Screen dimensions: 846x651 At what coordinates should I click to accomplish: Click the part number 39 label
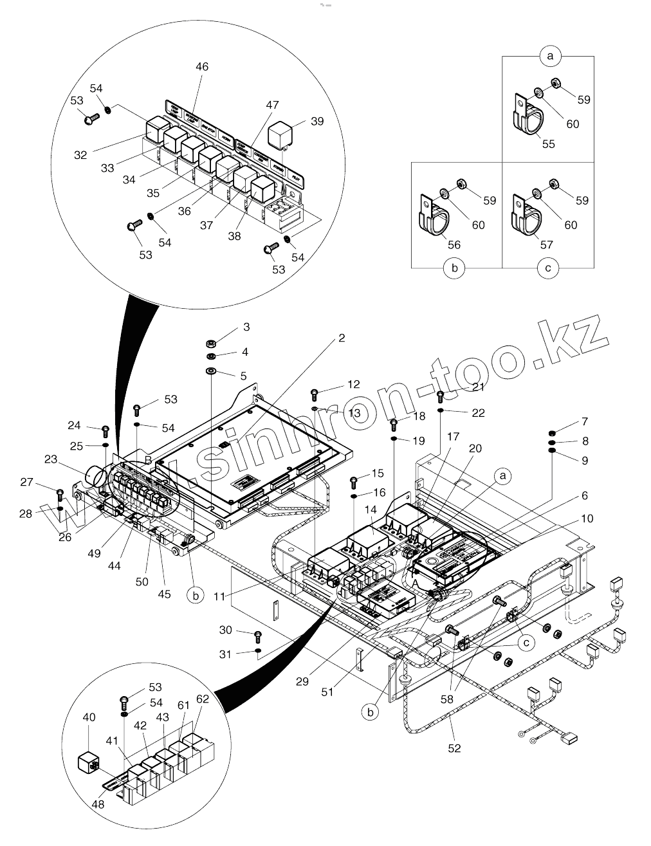click(x=316, y=121)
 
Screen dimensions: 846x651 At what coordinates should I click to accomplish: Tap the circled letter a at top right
click(x=550, y=57)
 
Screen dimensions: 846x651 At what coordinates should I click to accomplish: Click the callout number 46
click(x=202, y=67)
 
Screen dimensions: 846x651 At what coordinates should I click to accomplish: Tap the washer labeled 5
click(x=211, y=371)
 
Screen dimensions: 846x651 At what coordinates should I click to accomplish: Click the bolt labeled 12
click(x=315, y=393)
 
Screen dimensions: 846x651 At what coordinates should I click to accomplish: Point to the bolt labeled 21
click(x=441, y=396)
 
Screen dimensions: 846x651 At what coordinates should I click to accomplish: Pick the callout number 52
click(x=455, y=748)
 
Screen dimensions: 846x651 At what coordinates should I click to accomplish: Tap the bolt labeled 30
click(x=258, y=636)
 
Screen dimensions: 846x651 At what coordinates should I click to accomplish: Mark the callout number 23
click(x=51, y=459)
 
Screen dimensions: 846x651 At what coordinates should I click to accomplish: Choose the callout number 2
click(x=342, y=338)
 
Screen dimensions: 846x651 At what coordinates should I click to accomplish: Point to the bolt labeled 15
click(x=353, y=481)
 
